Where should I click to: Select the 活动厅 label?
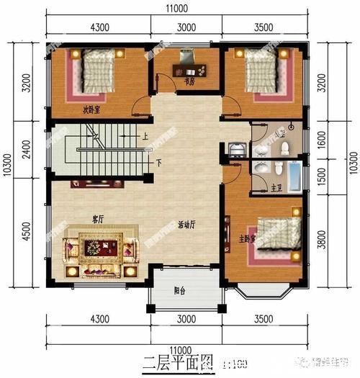pyautogui.click(x=187, y=225)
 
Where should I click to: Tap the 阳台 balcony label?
pyautogui.click(x=180, y=291)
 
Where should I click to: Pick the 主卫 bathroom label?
pyautogui.click(x=276, y=188)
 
